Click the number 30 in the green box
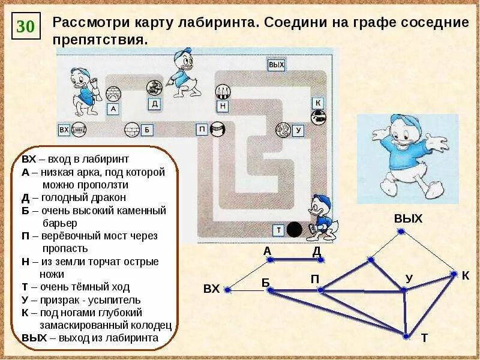[x=26, y=27]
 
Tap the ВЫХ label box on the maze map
[x=275, y=65]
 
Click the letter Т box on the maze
[x=278, y=230]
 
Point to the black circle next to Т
[x=295, y=229]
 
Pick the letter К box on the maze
[x=318, y=103]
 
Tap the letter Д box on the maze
[x=155, y=104]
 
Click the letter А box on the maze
[x=113, y=109]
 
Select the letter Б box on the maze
[x=146, y=129]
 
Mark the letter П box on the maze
[x=202, y=129]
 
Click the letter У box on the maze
[x=298, y=130]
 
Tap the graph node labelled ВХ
[x=227, y=290]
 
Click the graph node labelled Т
[x=406, y=336]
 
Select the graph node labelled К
[x=454, y=275]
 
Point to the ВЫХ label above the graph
[x=408, y=218]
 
